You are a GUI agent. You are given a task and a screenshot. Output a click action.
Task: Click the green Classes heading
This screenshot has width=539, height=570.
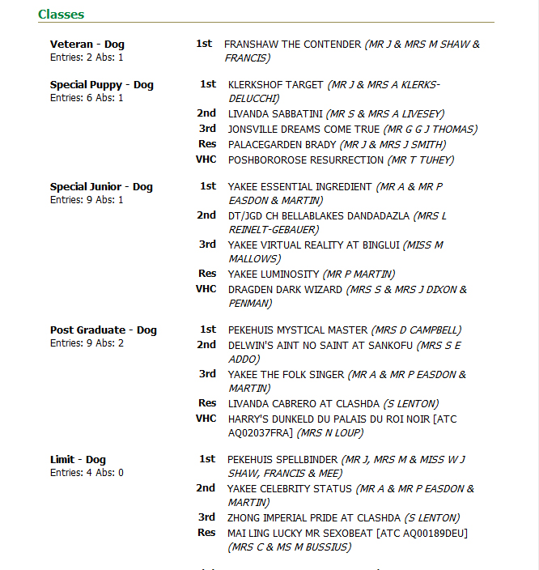(61, 15)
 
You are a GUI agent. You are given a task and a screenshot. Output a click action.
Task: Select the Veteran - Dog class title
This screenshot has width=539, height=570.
(87, 45)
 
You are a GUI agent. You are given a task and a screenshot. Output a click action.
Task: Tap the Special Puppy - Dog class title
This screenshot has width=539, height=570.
(101, 85)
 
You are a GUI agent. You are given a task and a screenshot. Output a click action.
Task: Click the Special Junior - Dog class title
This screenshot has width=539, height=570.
(101, 187)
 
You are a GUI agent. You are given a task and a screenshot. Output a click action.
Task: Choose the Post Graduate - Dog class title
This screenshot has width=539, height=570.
(104, 330)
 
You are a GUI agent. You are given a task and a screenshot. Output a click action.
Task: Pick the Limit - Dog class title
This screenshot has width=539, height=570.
(78, 460)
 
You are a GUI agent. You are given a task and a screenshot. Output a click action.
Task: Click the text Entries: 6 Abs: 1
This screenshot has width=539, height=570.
(87, 98)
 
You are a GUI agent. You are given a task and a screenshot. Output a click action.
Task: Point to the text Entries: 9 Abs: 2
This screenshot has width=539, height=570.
(87, 343)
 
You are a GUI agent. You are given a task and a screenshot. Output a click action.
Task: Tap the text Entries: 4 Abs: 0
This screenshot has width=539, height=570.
(87, 473)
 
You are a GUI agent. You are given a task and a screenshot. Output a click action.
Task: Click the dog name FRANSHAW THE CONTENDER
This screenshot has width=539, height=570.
(292, 45)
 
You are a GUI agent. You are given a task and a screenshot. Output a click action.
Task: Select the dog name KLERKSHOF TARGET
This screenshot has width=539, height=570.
(276, 84)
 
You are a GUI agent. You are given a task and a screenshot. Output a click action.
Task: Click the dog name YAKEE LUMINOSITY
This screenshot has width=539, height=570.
(274, 274)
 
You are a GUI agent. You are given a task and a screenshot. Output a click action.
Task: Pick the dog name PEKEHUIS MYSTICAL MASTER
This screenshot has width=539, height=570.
(297, 330)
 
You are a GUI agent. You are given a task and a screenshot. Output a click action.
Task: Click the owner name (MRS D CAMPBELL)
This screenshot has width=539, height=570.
(416, 330)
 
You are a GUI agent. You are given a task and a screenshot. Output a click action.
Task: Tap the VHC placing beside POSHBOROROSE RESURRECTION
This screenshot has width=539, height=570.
(206, 160)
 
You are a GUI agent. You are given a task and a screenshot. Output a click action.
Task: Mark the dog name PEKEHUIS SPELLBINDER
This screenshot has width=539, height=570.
(282, 460)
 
